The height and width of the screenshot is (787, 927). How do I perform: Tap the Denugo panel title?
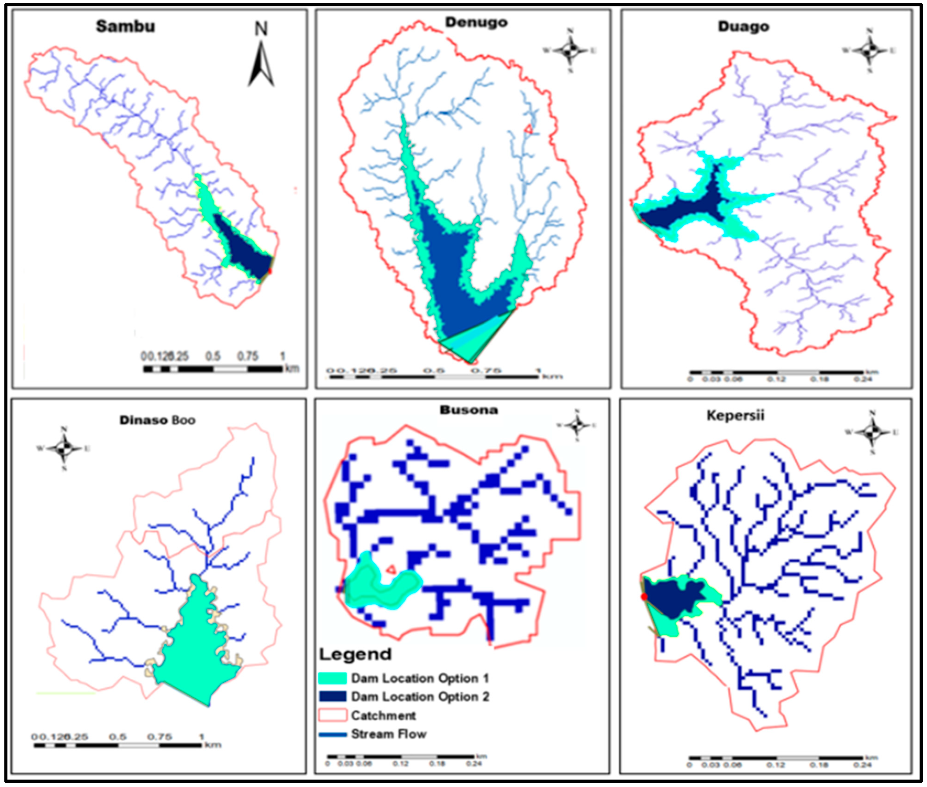pyautogui.click(x=476, y=22)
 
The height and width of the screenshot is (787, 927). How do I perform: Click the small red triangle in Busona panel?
pyautogui.click(x=391, y=569)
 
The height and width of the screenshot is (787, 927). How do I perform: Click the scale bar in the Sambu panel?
pyautogui.click(x=213, y=369)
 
